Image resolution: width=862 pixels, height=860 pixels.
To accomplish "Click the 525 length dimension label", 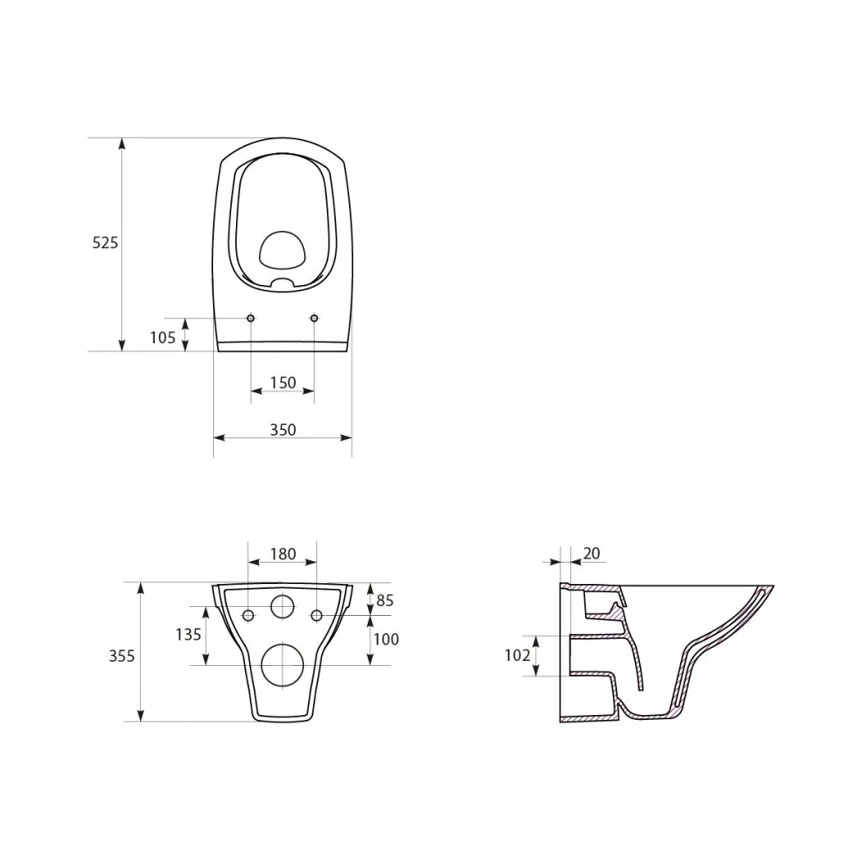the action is (x=105, y=242).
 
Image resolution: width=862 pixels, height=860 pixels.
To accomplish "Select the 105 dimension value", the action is (x=163, y=337).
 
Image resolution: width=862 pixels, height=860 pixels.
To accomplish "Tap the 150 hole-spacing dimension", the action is (x=284, y=382).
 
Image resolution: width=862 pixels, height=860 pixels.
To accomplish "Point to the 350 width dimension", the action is (x=284, y=430).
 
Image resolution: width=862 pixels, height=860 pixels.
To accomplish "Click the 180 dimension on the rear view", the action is (x=284, y=554).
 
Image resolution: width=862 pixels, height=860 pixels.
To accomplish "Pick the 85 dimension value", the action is (x=385, y=600).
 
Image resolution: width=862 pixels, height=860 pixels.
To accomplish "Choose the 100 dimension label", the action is (x=386, y=639).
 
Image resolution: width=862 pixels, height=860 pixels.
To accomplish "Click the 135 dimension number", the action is (x=188, y=635).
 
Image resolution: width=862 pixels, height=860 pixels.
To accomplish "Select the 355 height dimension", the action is (x=121, y=656).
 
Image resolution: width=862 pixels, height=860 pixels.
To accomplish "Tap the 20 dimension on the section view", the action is (x=592, y=554).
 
